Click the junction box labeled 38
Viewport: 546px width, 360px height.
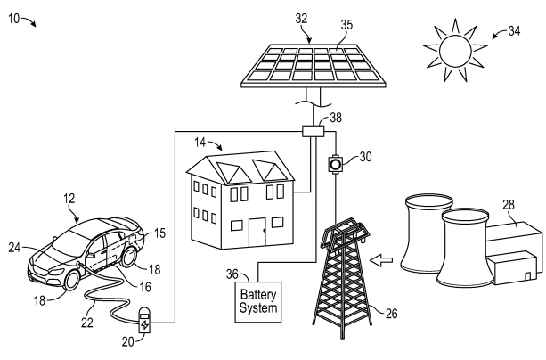313,132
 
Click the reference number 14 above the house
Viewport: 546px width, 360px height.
200,143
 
